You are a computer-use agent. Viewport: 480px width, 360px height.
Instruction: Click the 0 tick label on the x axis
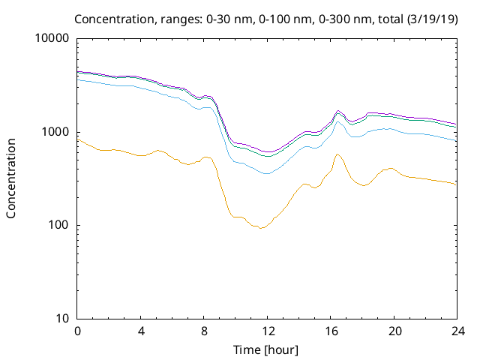[77, 331]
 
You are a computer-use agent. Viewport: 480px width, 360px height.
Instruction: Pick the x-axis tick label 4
[140, 331]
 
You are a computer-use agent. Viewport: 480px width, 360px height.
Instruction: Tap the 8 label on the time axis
[203, 331]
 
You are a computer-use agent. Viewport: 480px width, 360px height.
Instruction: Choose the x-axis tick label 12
[267, 331]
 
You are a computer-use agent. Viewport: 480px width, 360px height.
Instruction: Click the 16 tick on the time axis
[330, 331]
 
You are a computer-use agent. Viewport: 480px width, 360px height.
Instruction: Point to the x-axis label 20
[393, 331]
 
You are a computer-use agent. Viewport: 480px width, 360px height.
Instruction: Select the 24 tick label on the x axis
[456, 331]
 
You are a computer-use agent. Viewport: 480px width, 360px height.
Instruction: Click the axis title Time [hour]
[266, 349]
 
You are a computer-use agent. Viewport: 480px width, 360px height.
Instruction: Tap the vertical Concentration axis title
[11, 178]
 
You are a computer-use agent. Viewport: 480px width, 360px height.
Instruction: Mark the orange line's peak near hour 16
[337, 154]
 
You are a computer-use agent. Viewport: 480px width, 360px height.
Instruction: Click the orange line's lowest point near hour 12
[260, 228]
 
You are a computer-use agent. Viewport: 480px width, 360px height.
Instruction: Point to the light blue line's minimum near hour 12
[266, 174]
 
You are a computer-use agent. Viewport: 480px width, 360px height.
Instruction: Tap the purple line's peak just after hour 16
[338, 111]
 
